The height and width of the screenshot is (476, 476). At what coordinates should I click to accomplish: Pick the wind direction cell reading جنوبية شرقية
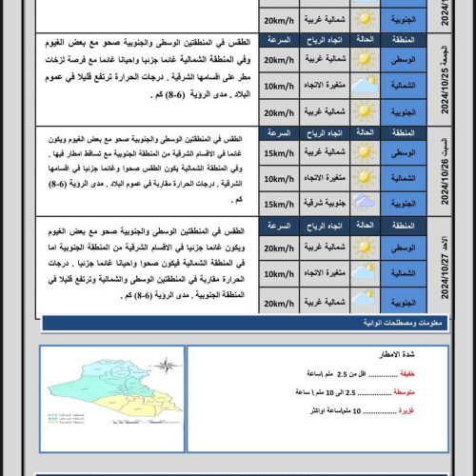pyautogui.click(x=324, y=203)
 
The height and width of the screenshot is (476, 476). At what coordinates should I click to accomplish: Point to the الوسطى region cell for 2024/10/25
pyautogui.click(x=404, y=61)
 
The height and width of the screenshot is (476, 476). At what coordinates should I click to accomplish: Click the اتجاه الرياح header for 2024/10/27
pyautogui.click(x=324, y=226)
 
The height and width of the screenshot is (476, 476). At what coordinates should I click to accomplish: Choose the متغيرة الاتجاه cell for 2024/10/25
pyautogui.click(x=324, y=87)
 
